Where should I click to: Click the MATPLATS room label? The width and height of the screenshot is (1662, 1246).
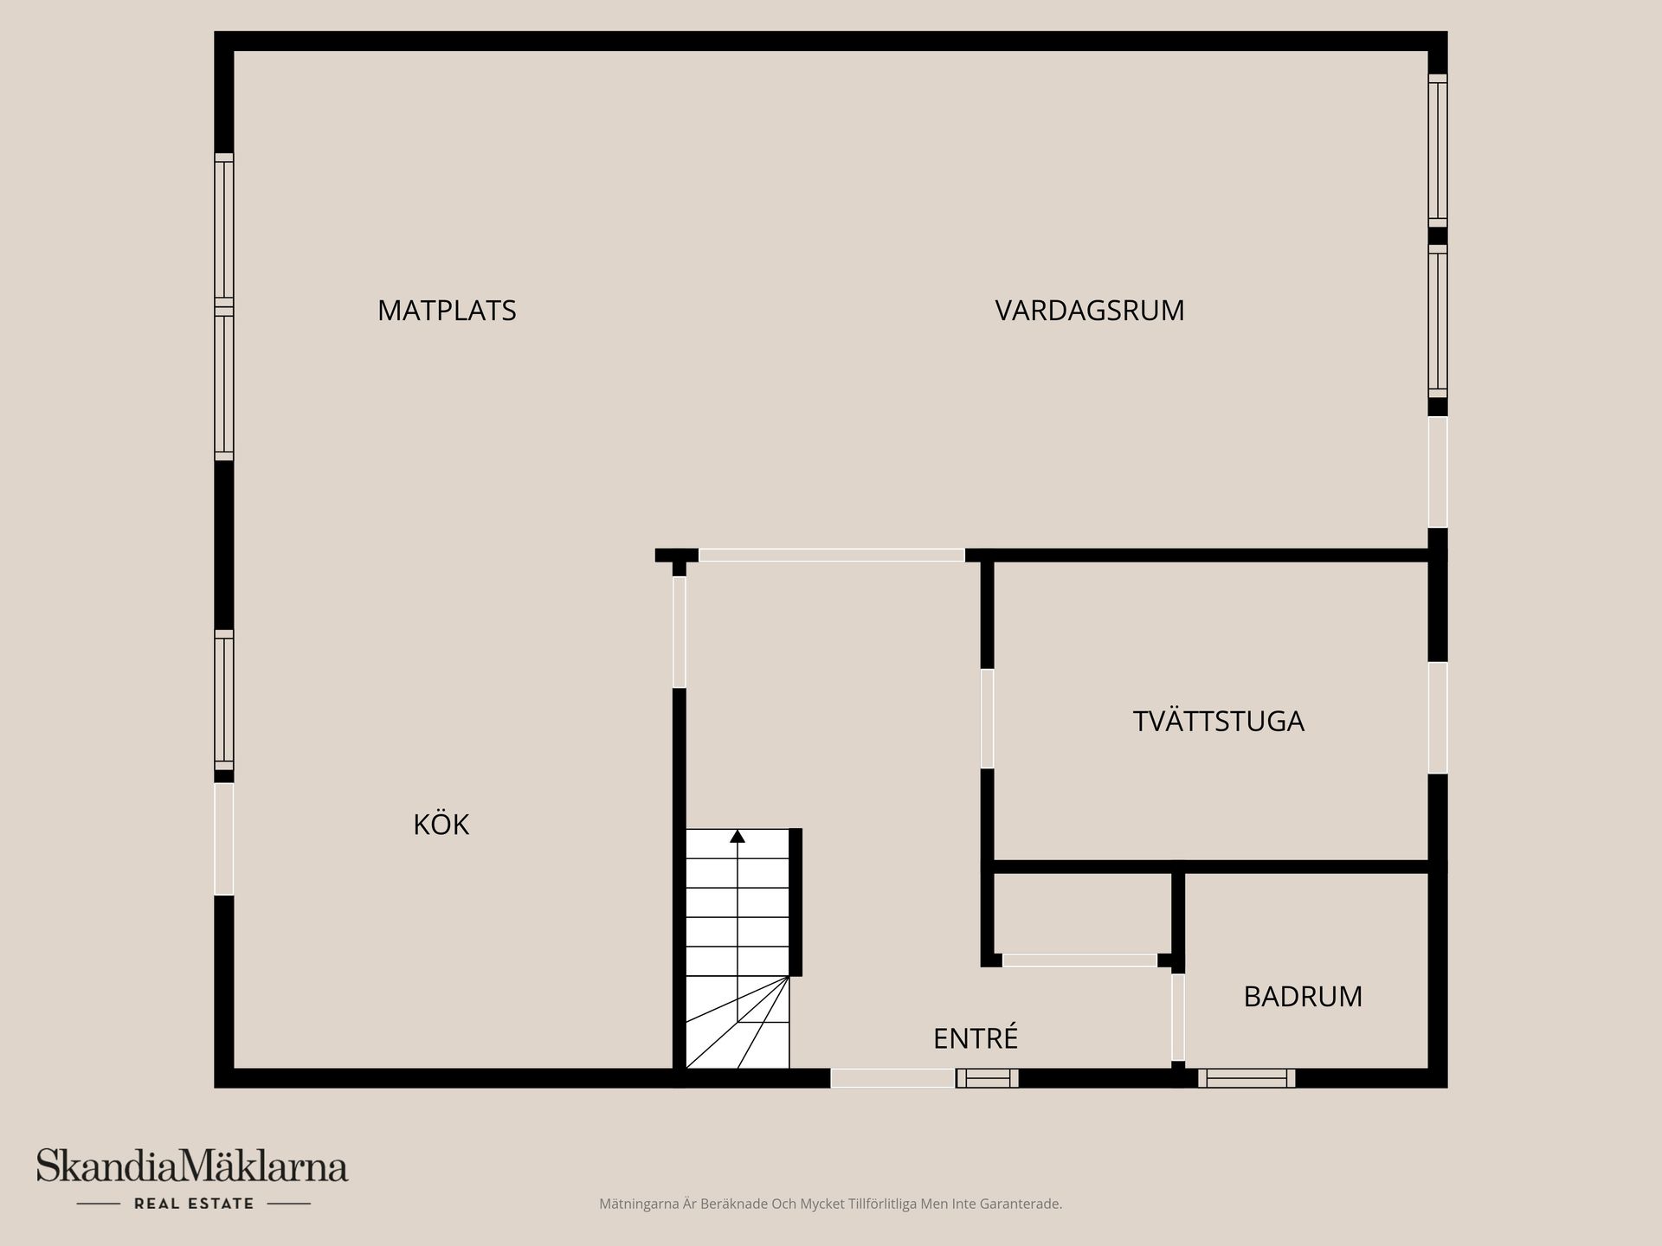point(447,311)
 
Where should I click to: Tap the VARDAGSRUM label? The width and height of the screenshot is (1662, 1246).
point(1089,311)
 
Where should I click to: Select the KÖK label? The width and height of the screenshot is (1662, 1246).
point(441,825)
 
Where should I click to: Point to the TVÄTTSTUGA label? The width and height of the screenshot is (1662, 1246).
point(1218,722)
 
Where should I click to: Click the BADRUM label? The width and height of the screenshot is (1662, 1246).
point(1303,997)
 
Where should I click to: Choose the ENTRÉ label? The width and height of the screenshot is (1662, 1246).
point(975,1038)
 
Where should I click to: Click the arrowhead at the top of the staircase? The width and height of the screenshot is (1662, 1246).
point(738,836)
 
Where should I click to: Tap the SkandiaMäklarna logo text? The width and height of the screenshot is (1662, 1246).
point(192,1166)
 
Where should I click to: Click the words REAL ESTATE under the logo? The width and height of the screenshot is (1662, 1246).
point(194,1204)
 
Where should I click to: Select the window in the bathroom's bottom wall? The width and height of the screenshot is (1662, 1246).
point(1246,1078)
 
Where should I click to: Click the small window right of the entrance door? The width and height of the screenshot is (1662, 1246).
point(987,1078)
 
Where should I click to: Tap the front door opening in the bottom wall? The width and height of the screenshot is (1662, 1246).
point(892,1078)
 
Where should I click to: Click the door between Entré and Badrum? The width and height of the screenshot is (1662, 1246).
point(1178,1018)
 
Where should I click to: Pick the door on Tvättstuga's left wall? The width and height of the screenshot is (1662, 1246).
point(987,718)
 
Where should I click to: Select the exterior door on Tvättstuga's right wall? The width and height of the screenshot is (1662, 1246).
point(1438,717)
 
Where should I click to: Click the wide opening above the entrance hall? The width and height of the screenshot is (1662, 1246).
point(831,556)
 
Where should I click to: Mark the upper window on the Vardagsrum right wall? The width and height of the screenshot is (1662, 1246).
point(1438,150)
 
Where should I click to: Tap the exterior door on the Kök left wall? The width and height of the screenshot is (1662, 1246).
point(224,838)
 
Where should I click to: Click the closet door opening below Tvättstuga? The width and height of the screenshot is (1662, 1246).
point(1079,960)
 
